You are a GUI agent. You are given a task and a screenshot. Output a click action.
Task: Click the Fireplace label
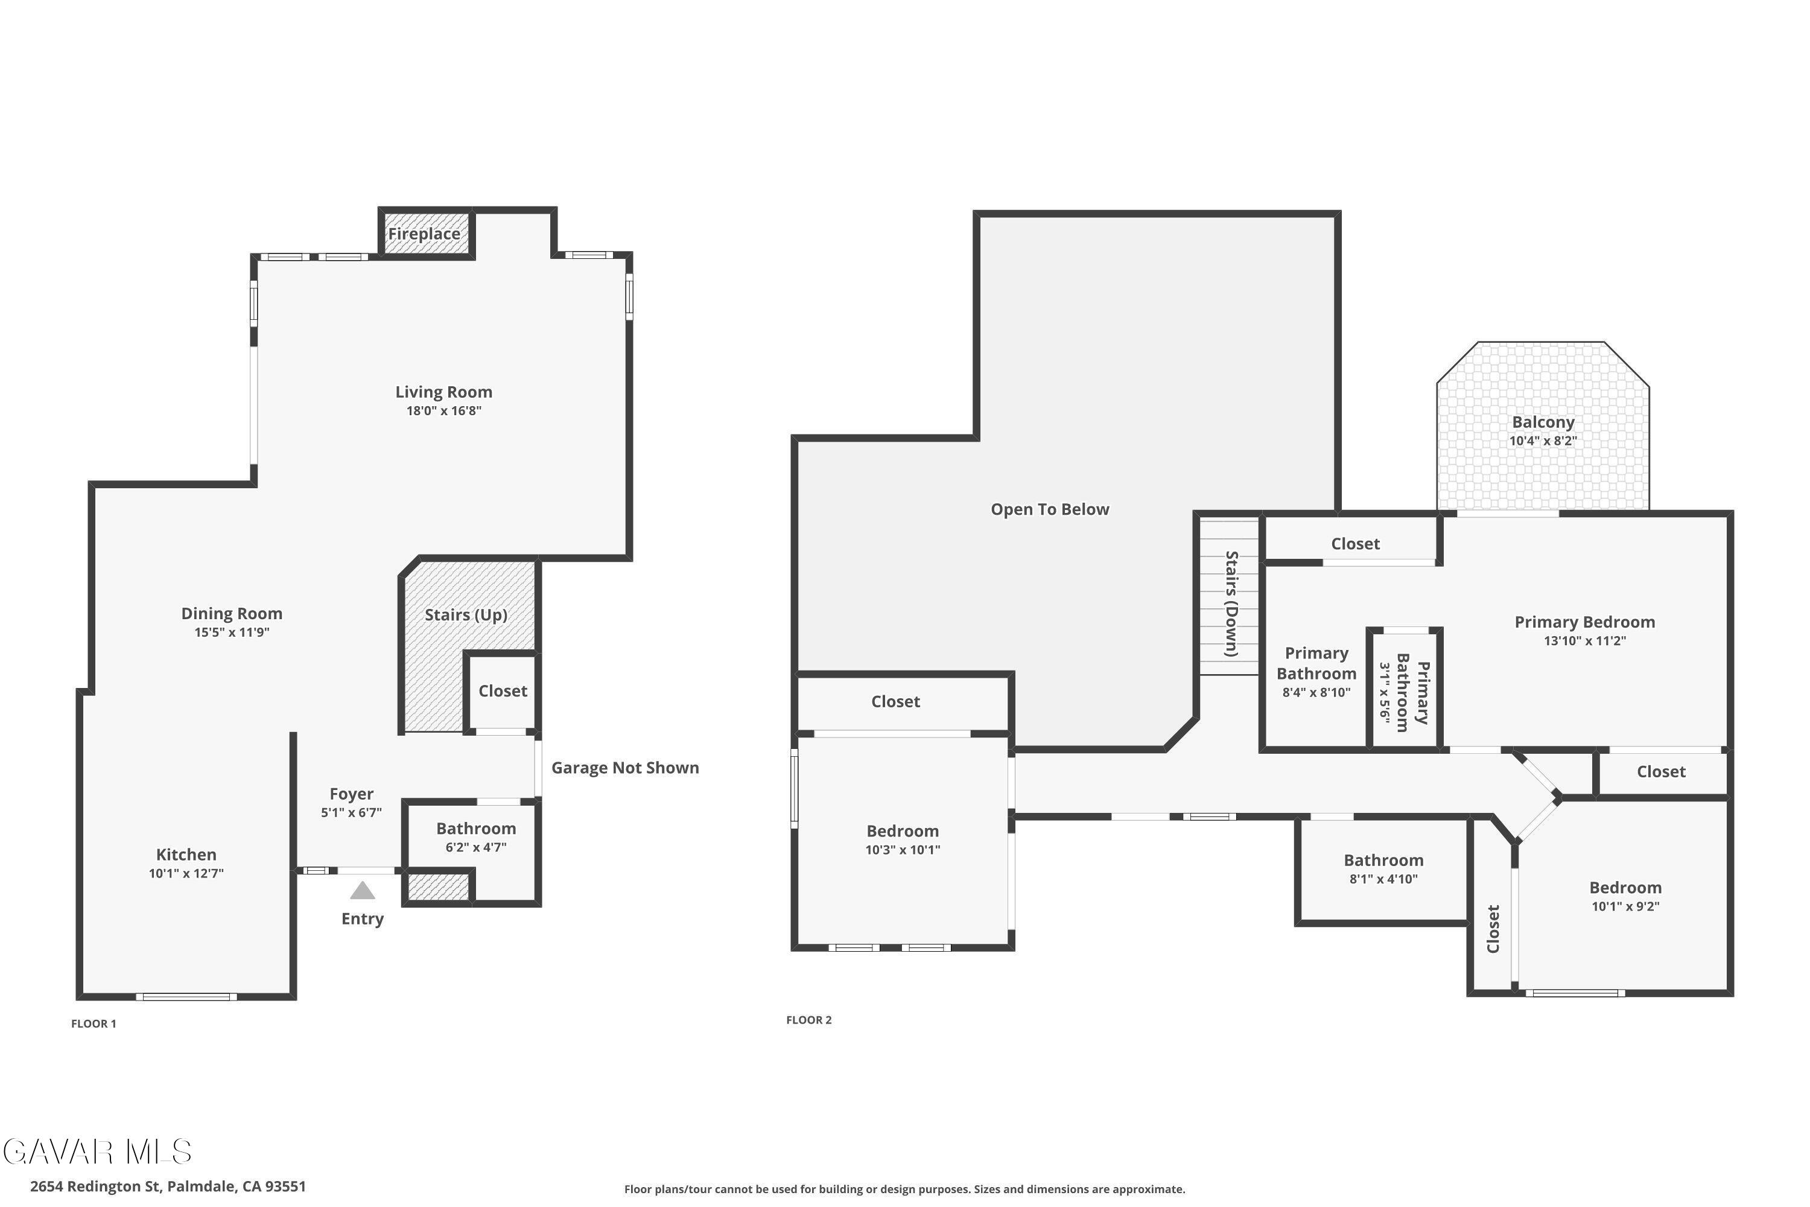coord(424,234)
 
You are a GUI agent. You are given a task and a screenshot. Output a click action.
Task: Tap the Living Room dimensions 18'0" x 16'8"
coord(444,411)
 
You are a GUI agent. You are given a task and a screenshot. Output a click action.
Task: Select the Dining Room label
coord(232,614)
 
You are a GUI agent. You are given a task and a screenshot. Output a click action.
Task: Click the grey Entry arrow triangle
coord(363,891)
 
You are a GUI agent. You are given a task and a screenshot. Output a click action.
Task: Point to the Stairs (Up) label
coord(466,615)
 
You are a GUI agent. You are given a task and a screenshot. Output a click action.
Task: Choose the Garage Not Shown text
coord(625,768)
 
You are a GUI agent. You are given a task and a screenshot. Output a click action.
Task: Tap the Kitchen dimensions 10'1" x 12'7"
coord(186,874)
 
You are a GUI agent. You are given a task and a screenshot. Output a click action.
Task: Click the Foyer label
coord(352,794)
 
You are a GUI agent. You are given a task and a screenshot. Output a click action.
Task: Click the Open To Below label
coord(1050,509)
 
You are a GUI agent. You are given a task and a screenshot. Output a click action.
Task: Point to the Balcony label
coord(1543,422)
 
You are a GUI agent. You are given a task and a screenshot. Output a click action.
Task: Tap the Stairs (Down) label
coord(1231,603)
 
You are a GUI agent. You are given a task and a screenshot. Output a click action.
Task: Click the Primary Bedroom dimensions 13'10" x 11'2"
coord(1584,640)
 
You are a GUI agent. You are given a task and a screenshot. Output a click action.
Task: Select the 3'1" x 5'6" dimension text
coord(1385,692)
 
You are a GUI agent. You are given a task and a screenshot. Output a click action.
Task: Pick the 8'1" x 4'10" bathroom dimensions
coord(1383,879)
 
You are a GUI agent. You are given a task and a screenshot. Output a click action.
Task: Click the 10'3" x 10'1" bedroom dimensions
coord(903,850)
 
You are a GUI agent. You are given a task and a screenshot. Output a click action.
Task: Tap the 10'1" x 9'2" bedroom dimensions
coord(1625,907)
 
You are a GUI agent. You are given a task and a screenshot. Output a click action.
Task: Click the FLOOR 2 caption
coord(809,1020)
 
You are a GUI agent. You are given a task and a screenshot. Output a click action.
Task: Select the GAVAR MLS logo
coord(97,1151)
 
